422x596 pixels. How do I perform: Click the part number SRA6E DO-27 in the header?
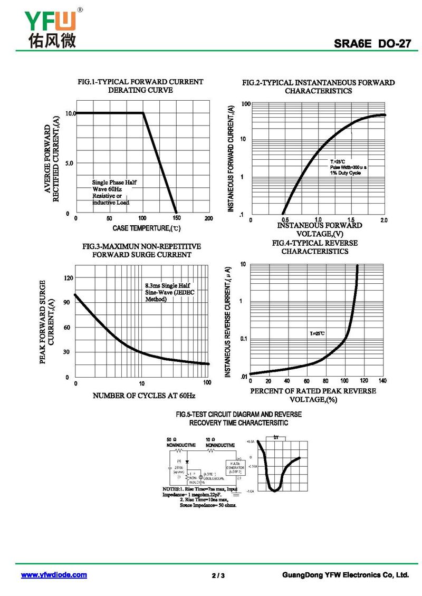click(x=372, y=44)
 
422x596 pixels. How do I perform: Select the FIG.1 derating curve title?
click(x=140, y=86)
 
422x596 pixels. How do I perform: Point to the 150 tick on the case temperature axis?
click(x=176, y=218)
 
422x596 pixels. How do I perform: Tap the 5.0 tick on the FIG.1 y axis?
click(x=69, y=164)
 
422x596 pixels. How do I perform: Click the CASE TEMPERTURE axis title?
click(x=147, y=228)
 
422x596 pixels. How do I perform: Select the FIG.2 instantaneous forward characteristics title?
click(x=318, y=86)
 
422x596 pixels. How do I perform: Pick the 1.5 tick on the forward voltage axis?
click(x=351, y=219)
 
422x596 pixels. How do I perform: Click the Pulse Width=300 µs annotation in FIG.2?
click(x=348, y=167)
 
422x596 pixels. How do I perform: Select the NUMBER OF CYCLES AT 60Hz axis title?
click(x=145, y=395)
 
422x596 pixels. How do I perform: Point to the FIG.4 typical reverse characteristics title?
click(x=314, y=247)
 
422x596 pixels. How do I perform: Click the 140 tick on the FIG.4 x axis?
click(x=382, y=381)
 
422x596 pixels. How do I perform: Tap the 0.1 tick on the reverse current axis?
click(x=244, y=339)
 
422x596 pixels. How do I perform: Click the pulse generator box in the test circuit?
click(x=235, y=467)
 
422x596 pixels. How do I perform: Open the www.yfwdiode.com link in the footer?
click(x=54, y=574)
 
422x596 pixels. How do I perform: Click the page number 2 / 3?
click(x=218, y=575)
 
